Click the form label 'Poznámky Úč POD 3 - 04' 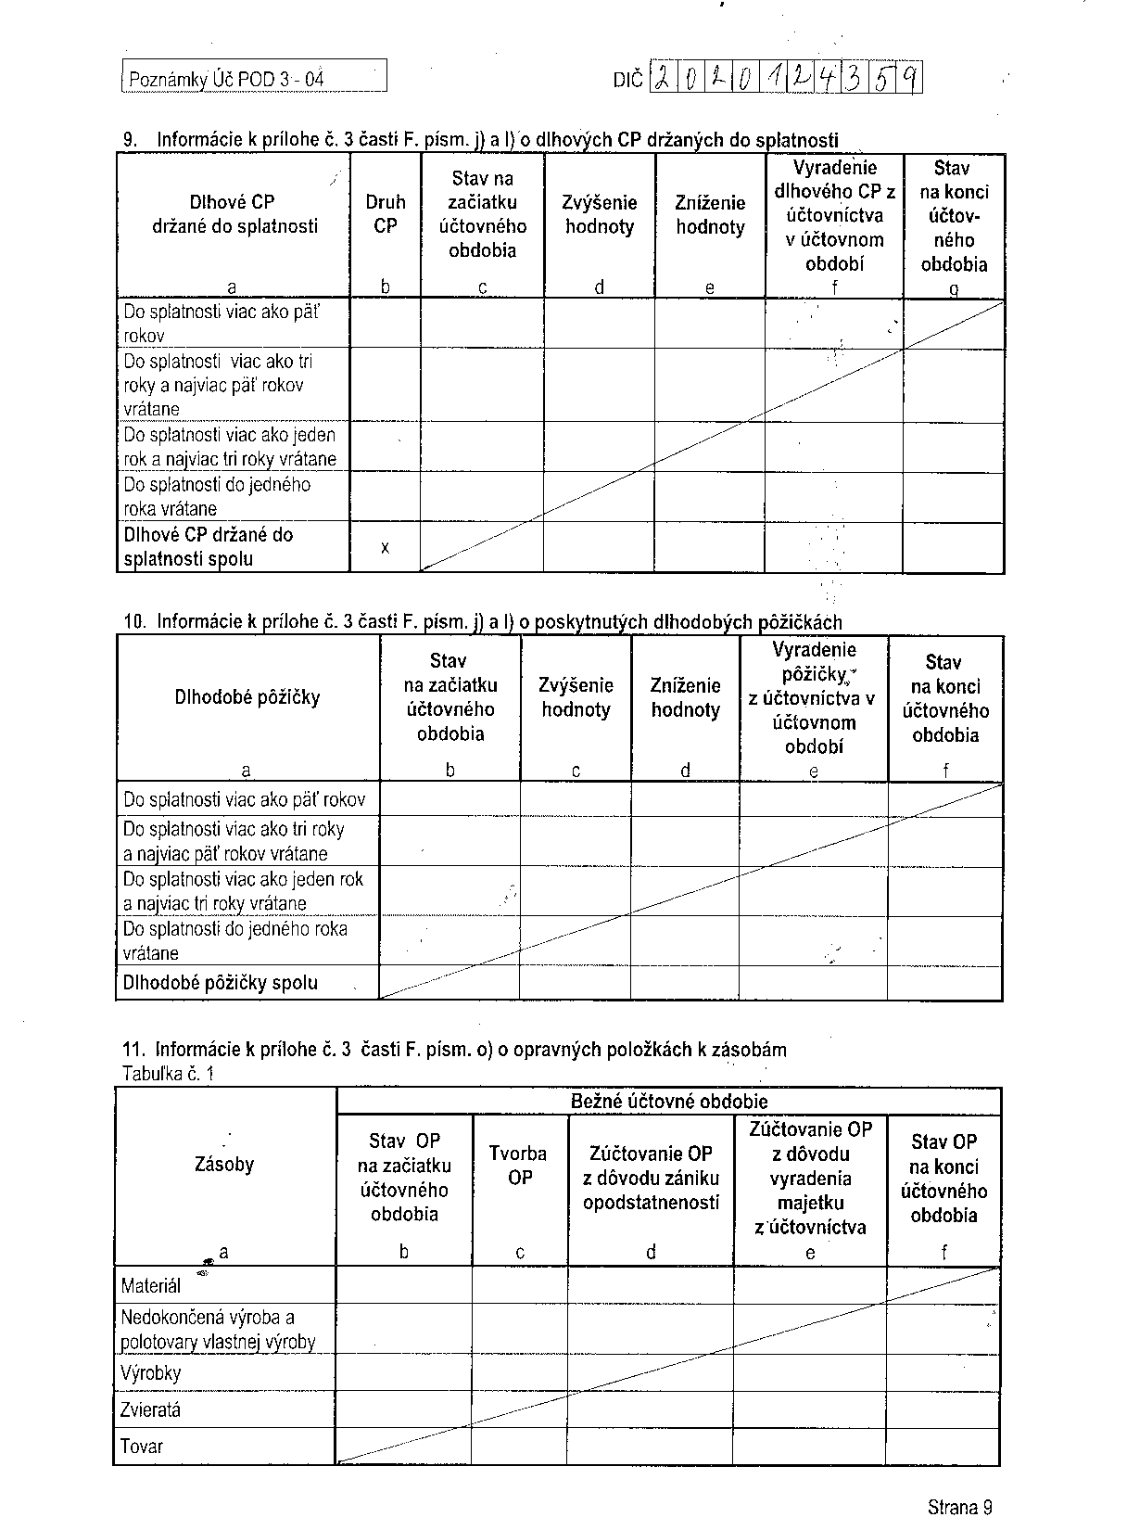tap(226, 79)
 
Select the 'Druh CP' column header tap(385, 213)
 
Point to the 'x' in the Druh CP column tap(385, 548)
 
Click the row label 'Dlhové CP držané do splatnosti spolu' tap(209, 547)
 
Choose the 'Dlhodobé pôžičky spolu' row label tap(221, 983)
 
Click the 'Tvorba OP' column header tap(518, 1166)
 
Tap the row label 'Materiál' tap(151, 1286)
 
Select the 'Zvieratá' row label tap(151, 1410)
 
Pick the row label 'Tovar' tap(142, 1447)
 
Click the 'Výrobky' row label tap(151, 1373)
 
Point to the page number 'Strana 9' tap(959, 1507)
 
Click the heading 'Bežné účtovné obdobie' tap(668, 1102)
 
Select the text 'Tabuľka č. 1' tap(168, 1075)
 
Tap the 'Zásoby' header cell tap(224, 1165)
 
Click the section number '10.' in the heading tap(135, 621)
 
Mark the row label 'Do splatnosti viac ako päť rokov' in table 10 tap(244, 800)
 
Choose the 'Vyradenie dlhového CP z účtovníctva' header tap(834, 215)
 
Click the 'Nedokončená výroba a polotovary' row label tap(218, 1330)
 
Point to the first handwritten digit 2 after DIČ tap(665, 81)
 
